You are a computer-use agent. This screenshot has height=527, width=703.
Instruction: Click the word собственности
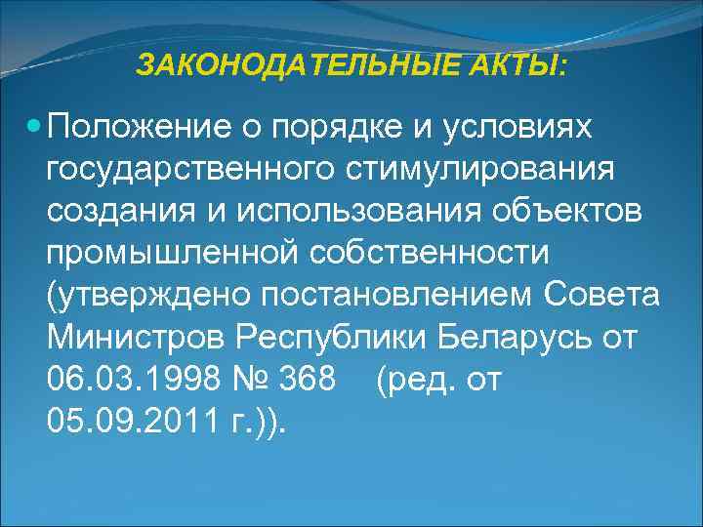pyautogui.click(x=437, y=254)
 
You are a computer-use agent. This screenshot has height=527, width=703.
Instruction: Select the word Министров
pyautogui.click(x=136, y=338)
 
